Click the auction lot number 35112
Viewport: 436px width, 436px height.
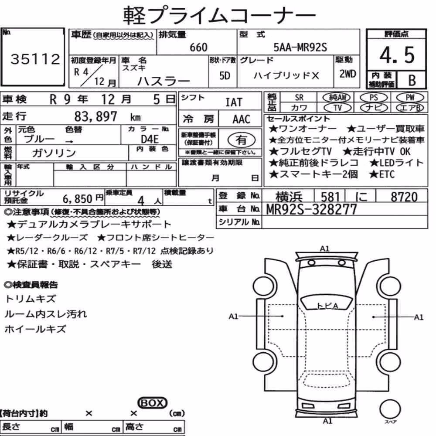[x=35, y=59]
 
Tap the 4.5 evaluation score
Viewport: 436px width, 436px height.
[x=397, y=55]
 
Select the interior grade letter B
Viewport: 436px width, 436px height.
[x=412, y=80]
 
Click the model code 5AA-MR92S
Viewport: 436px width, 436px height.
[x=300, y=47]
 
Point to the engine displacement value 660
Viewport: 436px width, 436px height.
[x=198, y=47]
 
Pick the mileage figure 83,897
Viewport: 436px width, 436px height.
[x=95, y=116]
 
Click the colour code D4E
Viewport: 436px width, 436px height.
[x=150, y=139]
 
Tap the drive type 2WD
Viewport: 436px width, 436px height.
[x=347, y=74]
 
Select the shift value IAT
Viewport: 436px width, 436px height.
[x=234, y=102]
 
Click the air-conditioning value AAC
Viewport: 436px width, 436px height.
[x=242, y=119]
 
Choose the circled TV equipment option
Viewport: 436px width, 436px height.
[x=337, y=108]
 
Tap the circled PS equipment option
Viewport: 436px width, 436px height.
[x=374, y=98]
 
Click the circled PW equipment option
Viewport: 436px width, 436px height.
[x=410, y=98]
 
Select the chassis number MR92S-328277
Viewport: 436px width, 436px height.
[x=311, y=209]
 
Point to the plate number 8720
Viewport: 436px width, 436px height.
[x=404, y=197]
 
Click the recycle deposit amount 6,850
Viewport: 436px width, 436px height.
[x=78, y=199]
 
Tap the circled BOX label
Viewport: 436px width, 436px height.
[x=152, y=403]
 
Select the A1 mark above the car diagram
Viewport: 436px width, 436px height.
[x=325, y=249]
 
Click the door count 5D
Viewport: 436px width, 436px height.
[x=225, y=75]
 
